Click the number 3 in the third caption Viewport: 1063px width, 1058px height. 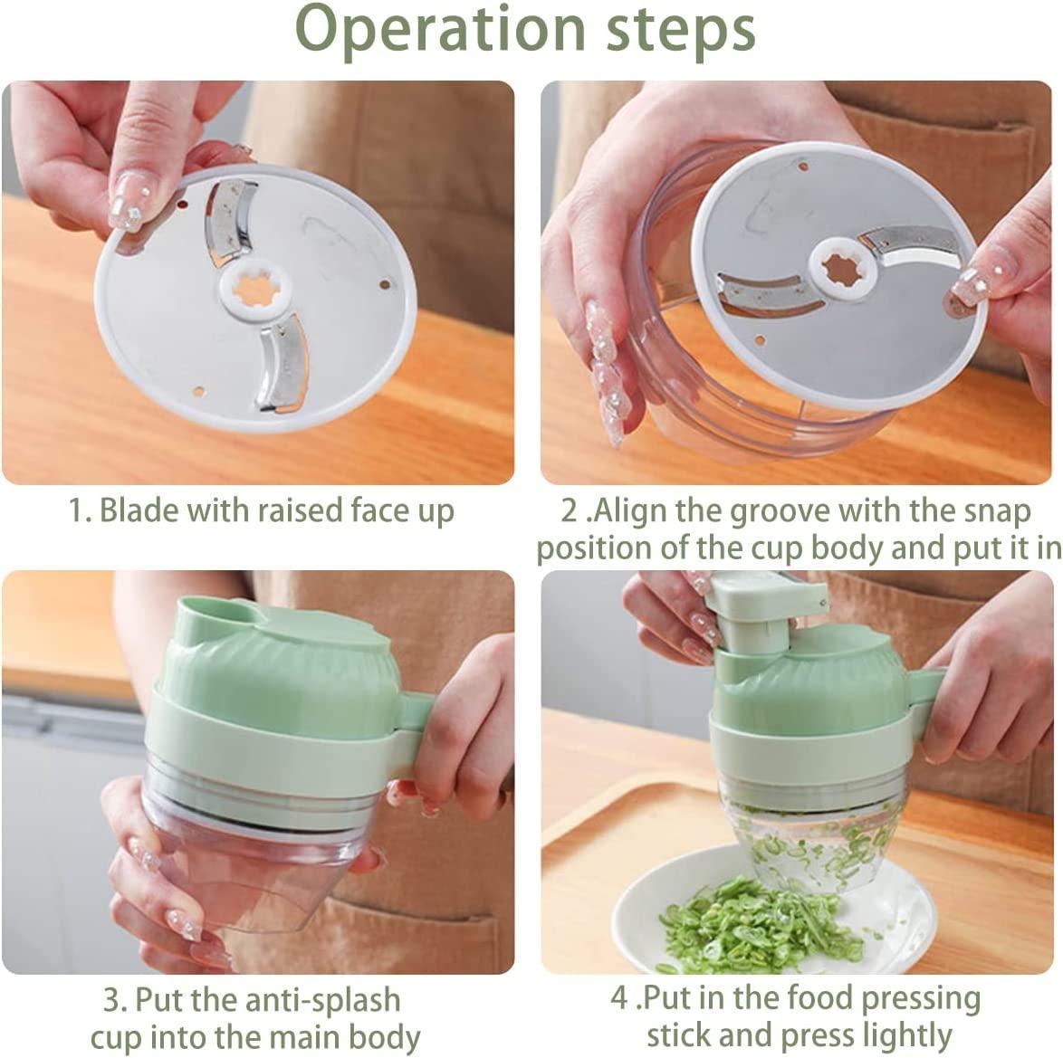[111, 999]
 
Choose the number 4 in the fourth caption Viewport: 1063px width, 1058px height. [618, 999]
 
